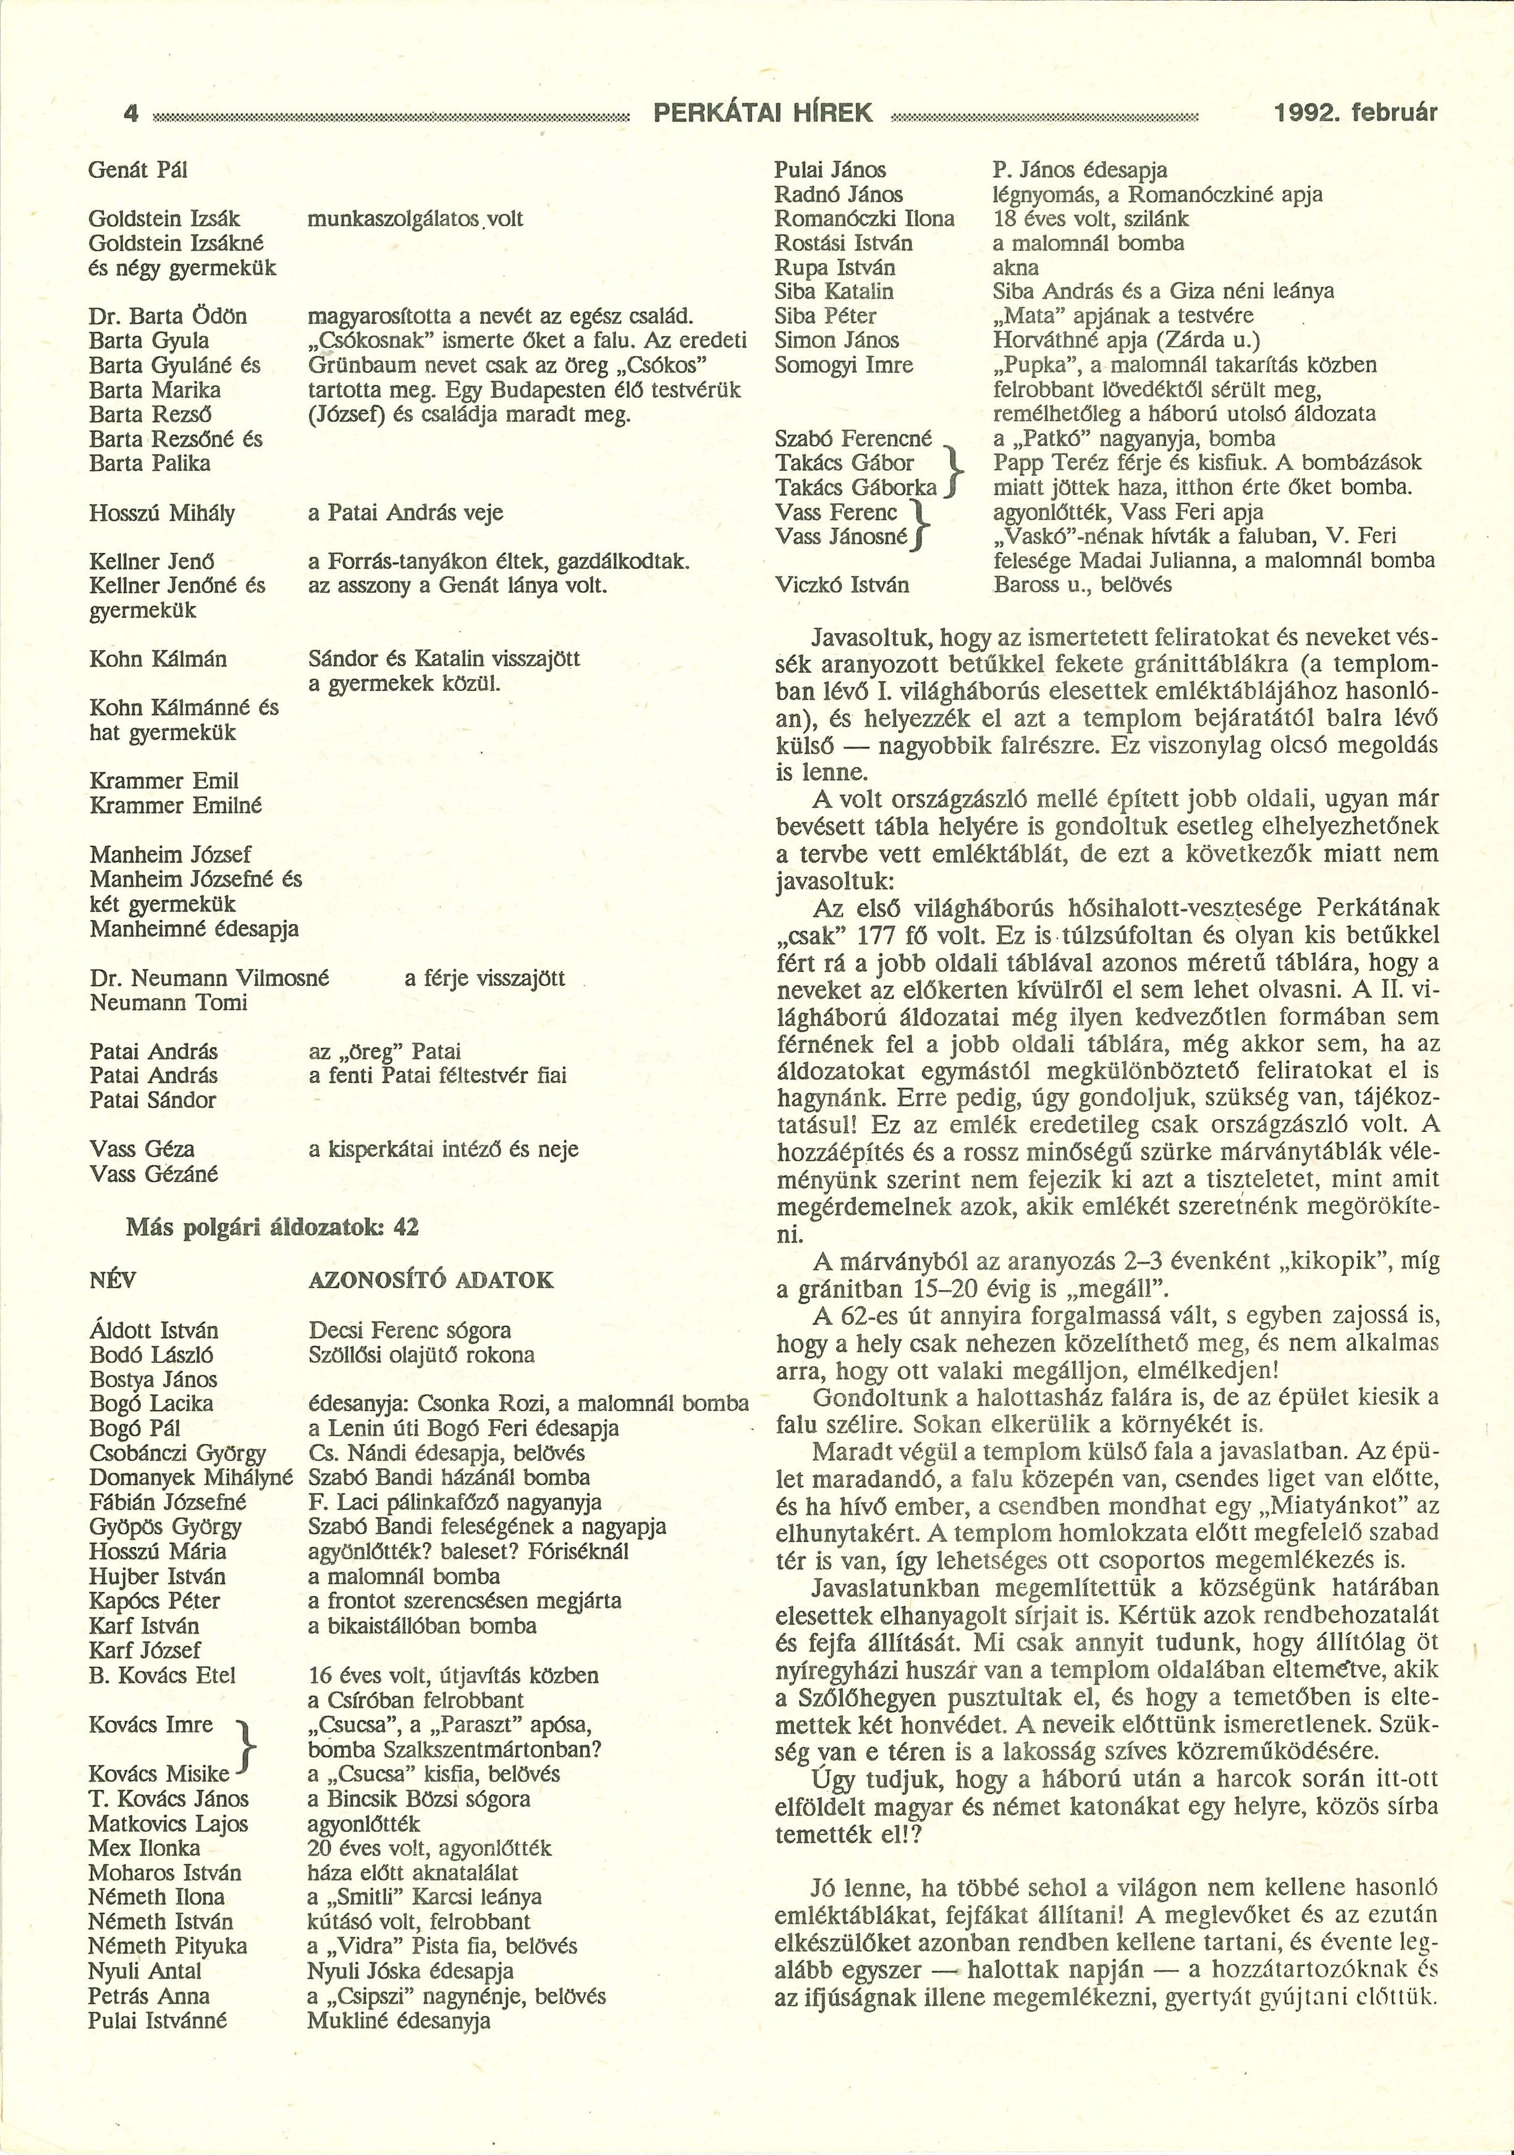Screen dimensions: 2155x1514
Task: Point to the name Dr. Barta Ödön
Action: [x=168, y=316]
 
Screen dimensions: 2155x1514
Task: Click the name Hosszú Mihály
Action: [x=161, y=512]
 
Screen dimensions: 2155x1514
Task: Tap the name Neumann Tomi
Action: [x=168, y=1002]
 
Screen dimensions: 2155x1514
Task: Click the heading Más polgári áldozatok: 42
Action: [x=272, y=1227]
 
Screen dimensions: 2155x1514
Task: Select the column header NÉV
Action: [x=112, y=1280]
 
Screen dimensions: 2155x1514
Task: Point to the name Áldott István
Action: [x=154, y=1330]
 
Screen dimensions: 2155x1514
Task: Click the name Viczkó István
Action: [x=842, y=584]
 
